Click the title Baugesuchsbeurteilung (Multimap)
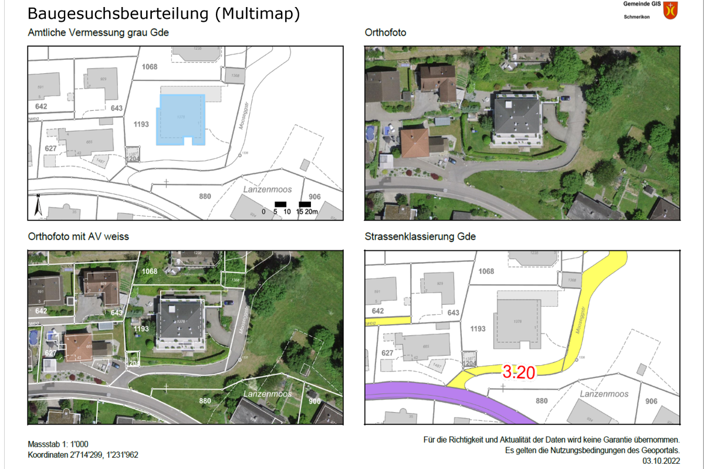pyautogui.click(x=164, y=14)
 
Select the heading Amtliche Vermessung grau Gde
pyautogui.click(x=98, y=33)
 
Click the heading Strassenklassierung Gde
pyautogui.click(x=420, y=237)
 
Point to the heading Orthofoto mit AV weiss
pyautogui.click(x=78, y=237)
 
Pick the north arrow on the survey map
pyautogui.click(x=38, y=205)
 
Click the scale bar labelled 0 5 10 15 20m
pyautogui.click(x=291, y=208)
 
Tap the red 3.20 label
pyautogui.click(x=517, y=371)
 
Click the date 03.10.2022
pyautogui.click(x=661, y=461)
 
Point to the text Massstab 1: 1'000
pyautogui.click(x=58, y=444)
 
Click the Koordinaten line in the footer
pyautogui.click(x=83, y=455)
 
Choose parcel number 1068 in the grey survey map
pyautogui.click(x=150, y=67)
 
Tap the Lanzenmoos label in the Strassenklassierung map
pyautogui.click(x=604, y=394)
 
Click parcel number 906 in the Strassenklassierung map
pyautogui.click(x=651, y=402)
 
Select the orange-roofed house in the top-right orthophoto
pyautogui.click(x=415, y=142)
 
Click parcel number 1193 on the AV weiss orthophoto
pyautogui.click(x=141, y=329)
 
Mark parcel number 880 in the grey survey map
pyautogui.click(x=205, y=196)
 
